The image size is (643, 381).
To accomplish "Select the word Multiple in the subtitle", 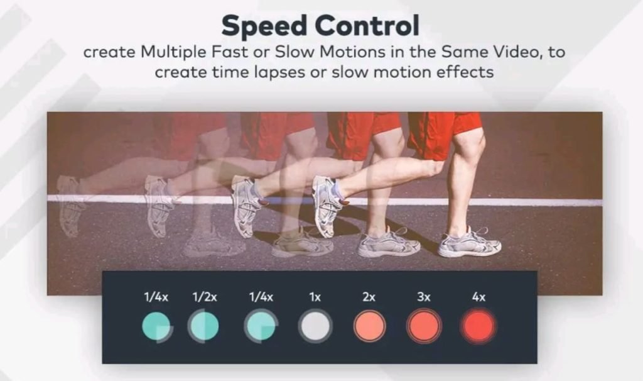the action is click(173, 53).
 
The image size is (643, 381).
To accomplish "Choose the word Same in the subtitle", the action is click(464, 52).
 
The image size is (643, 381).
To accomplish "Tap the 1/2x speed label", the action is click(205, 297).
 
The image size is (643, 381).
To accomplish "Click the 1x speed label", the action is click(315, 297).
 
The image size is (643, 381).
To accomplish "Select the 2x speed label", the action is click(369, 297).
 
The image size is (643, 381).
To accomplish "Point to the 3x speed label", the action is click(424, 297).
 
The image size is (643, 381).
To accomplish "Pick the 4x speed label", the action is click(478, 297).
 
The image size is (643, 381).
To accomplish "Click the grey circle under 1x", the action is click(315, 326).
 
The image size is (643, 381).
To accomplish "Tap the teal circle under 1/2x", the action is click(203, 326).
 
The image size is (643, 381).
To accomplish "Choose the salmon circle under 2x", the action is click(369, 326).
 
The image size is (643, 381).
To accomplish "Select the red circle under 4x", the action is click(478, 326).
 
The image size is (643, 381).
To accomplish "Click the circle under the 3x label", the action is click(424, 326).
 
